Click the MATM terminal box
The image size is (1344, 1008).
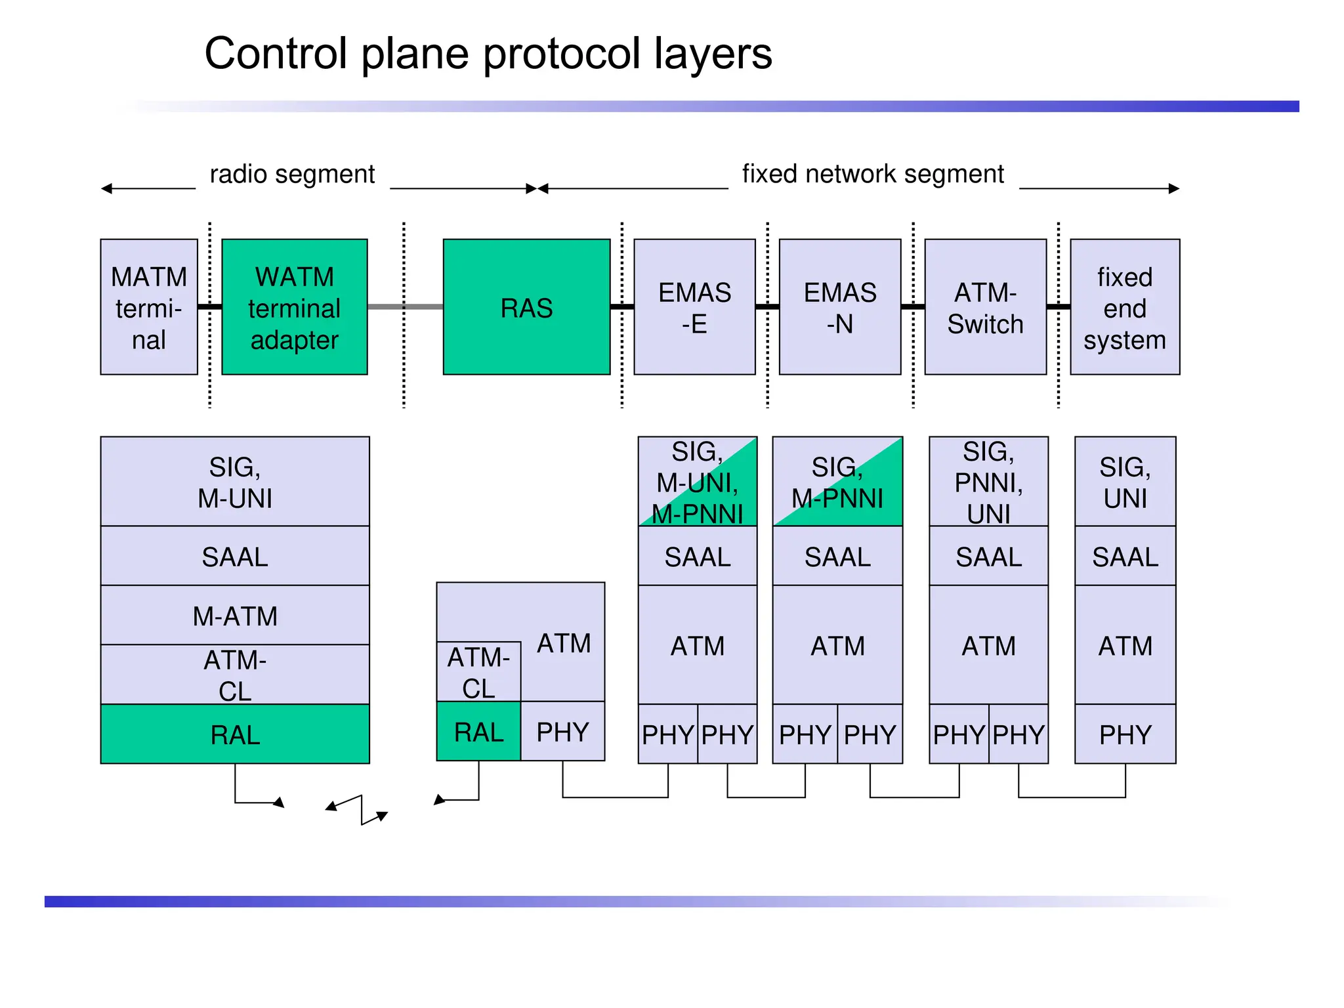[149, 307]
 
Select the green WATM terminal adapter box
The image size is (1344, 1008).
[295, 307]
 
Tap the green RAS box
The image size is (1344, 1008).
[526, 307]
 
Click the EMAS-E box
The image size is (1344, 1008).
[694, 307]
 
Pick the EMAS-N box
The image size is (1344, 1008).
[840, 307]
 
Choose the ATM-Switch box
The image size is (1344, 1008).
[985, 307]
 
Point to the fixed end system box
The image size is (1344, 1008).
[1125, 307]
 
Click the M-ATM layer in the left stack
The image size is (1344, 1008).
[235, 616]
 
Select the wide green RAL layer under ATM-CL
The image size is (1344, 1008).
[235, 734]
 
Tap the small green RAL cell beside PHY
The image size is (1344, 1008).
[478, 732]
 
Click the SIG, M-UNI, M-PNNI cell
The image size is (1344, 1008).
[698, 482]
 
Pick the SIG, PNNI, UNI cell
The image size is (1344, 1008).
[988, 482]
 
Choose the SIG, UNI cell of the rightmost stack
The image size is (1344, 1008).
[1125, 482]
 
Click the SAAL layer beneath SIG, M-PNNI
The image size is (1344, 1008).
[837, 556]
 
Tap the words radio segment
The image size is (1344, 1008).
[292, 175]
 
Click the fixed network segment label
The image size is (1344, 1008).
[873, 175]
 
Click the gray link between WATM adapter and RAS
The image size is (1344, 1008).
[405, 306]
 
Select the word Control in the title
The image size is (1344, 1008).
[276, 54]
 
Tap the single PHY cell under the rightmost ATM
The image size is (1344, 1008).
[1125, 734]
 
